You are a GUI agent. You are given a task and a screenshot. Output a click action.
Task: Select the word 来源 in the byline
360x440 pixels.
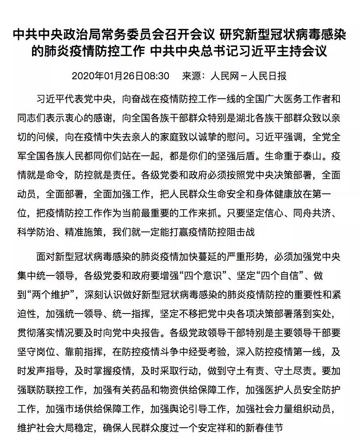pyautogui.click(x=191, y=76)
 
